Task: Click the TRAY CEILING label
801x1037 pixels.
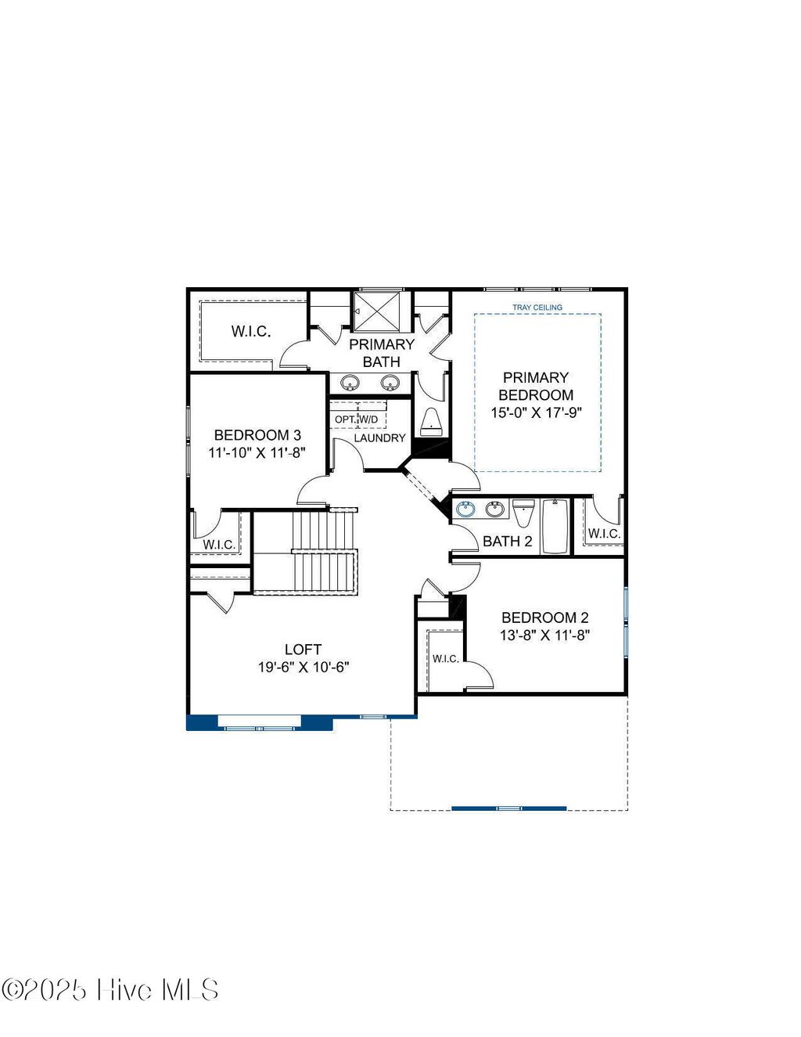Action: pyautogui.click(x=537, y=308)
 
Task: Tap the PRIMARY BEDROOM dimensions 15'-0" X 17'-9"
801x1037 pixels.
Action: pyautogui.click(x=536, y=412)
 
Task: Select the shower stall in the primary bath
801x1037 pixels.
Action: pyautogui.click(x=380, y=311)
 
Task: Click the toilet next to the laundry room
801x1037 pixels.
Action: pyautogui.click(x=431, y=421)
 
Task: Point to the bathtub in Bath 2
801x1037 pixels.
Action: pyautogui.click(x=555, y=526)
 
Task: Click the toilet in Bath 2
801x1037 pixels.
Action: pyautogui.click(x=523, y=513)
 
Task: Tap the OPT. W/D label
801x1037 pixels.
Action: pyautogui.click(x=357, y=419)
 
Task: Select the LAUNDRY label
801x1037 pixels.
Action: pyautogui.click(x=379, y=437)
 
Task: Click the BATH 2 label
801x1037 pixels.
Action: pyautogui.click(x=507, y=541)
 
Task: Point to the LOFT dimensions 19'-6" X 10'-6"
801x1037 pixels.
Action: pyautogui.click(x=304, y=667)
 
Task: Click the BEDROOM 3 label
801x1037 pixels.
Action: pyautogui.click(x=257, y=435)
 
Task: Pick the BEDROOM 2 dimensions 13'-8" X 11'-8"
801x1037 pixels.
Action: pyautogui.click(x=544, y=636)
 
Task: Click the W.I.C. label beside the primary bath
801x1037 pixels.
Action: pyautogui.click(x=251, y=331)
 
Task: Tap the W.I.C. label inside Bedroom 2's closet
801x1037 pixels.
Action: pyautogui.click(x=446, y=658)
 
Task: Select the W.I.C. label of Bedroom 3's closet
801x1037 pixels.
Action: pyautogui.click(x=219, y=544)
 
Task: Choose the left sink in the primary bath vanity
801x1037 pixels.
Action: pyautogui.click(x=350, y=383)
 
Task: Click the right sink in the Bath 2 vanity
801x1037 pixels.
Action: pyautogui.click(x=494, y=509)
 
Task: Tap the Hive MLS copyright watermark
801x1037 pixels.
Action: pyautogui.click(x=110, y=990)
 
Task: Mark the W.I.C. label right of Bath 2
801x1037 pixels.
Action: pyautogui.click(x=604, y=533)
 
